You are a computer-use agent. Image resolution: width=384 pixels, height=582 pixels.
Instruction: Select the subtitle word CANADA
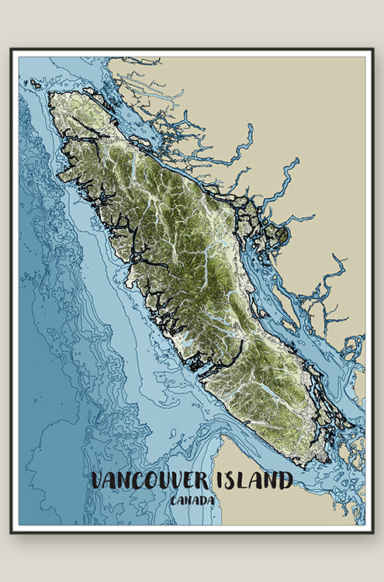point(192,501)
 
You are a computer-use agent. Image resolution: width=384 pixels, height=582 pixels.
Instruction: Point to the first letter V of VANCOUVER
point(98,481)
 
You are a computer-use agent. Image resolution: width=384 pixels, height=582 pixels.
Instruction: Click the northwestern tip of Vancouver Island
point(50,95)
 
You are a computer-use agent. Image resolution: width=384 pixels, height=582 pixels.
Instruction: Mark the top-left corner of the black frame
point(12,50)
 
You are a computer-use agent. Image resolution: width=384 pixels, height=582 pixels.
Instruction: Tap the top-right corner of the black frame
point(372,50)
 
